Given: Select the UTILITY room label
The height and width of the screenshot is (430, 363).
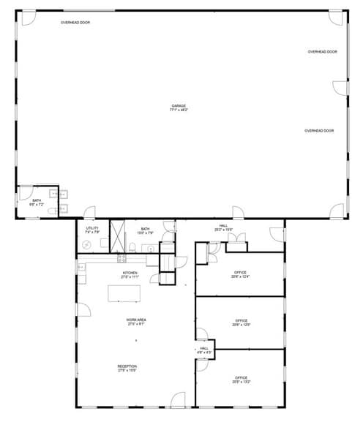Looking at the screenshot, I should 91,228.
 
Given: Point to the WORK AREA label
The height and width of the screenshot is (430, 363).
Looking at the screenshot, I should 134,320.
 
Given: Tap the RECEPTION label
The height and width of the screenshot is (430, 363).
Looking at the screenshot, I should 127,366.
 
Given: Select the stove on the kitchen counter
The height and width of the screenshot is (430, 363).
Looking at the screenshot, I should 121,257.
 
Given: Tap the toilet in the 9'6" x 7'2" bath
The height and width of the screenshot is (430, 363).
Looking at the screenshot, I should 50,211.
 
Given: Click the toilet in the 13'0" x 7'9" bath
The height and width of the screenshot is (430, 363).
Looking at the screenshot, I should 132,246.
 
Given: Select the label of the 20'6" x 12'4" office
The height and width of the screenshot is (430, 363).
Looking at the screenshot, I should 240,274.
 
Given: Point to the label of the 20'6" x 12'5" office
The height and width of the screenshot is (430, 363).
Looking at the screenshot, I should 241,322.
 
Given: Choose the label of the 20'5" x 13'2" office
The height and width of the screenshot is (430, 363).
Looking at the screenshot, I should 241,378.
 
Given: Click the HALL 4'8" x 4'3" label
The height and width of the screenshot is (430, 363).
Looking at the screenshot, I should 204,350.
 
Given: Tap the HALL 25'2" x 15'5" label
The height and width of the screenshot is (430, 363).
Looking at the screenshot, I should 223,227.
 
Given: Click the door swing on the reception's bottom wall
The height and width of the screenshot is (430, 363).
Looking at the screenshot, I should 178,400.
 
